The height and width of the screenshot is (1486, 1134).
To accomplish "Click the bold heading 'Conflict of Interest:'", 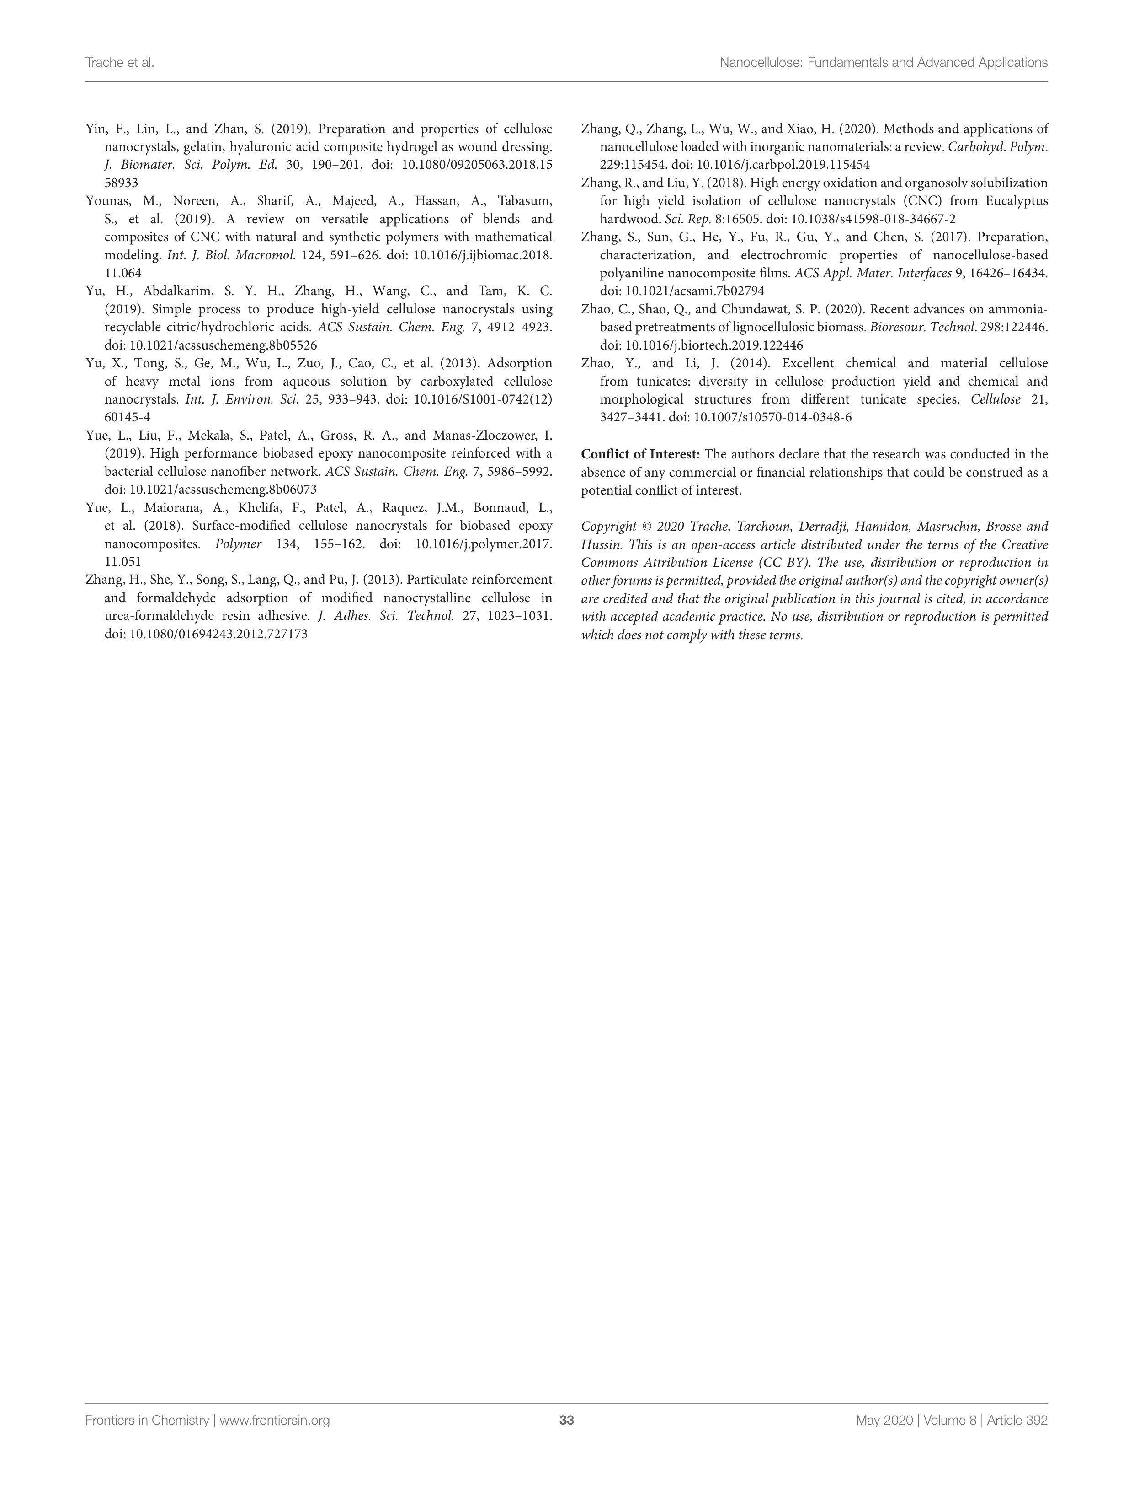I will click(632, 454).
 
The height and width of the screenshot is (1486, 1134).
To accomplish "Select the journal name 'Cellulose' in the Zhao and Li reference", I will click(995, 399).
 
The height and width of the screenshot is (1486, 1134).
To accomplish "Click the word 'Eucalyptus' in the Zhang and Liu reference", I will click(1017, 201).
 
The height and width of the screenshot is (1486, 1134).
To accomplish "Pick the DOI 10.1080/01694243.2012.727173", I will click(218, 634).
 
